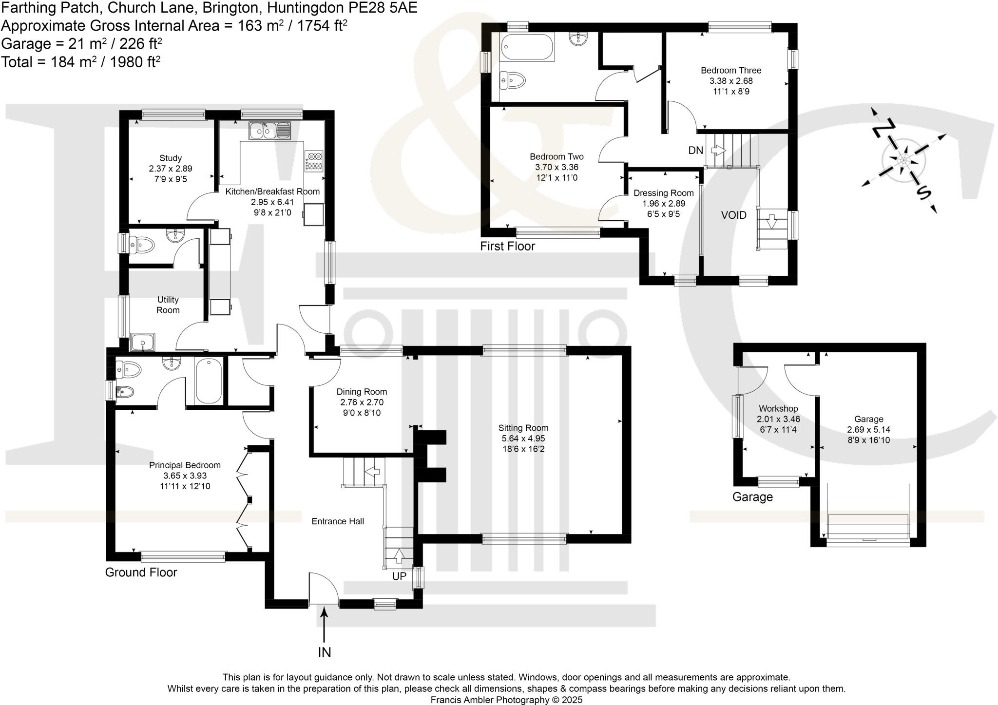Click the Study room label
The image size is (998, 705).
coord(171,158)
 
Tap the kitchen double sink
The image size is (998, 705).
coord(269,130)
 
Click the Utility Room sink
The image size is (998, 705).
coord(143,342)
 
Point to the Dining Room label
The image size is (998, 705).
coord(362,392)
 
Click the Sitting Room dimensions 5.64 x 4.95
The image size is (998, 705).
coord(523,438)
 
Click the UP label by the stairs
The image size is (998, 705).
coord(399,576)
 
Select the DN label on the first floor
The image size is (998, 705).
coord(695,151)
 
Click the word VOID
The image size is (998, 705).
coord(733,215)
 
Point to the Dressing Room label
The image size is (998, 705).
coord(663,193)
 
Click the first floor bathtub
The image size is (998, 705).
coord(527,47)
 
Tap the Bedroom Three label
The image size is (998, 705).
coord(730,70)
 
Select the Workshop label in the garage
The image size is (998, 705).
coord(778,408)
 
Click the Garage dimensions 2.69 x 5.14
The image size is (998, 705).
coord(868,430)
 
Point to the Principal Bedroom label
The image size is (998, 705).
coord(185,465)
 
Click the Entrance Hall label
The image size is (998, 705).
coord(338,521)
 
